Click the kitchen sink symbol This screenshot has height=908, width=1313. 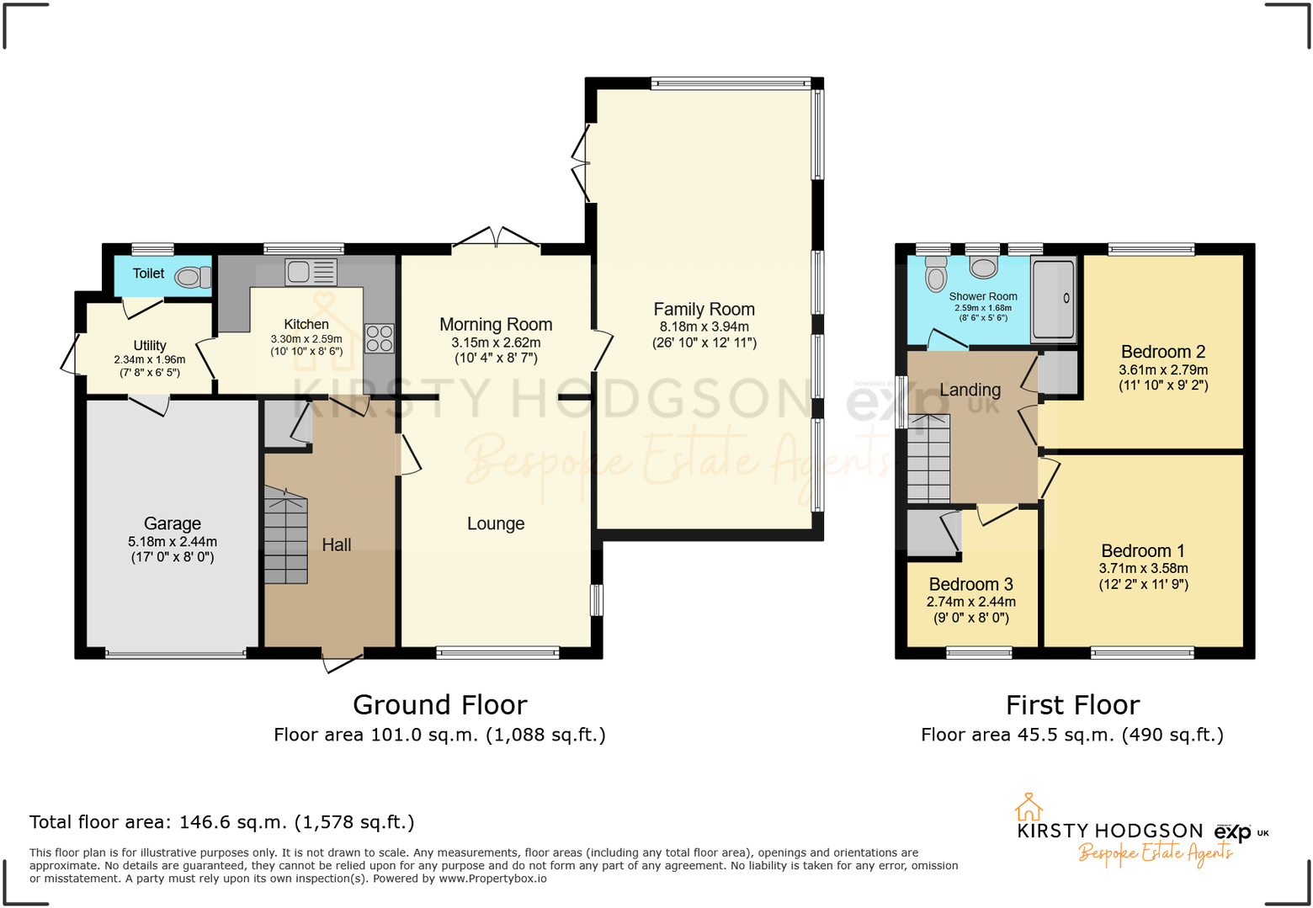311,272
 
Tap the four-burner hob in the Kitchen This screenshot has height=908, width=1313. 379,338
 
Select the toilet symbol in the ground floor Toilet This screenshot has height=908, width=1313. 194,277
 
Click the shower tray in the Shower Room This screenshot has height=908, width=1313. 1054,300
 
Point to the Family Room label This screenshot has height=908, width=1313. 704,310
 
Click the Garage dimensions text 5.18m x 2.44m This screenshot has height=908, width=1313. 173,542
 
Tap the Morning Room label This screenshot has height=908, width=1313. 496,325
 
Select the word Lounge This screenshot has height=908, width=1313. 496,523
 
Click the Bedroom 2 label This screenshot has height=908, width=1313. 1163,352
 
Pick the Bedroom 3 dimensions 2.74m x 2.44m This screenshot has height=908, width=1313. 970,602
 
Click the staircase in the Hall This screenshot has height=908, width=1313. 286,535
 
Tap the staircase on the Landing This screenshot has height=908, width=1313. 928,459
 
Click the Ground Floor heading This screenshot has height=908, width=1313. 439,704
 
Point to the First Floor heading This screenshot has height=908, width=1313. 1072,704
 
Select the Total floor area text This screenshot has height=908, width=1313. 222,822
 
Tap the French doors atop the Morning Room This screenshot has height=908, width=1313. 497,237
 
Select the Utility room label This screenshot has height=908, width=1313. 150,346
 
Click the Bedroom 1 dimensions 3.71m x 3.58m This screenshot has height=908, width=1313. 1143,568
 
